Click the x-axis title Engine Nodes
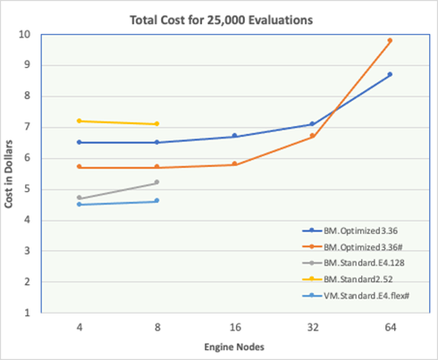[233, 347]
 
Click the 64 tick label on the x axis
[389, 328]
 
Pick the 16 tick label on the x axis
[234, 328]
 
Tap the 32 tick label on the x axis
[312, 328]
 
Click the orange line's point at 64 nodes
[390, 40]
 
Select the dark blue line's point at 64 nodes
[390, 74]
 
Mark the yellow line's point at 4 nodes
[80, 121]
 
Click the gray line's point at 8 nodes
[156, 182]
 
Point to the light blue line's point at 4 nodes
[80, 205]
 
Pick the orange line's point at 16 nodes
[234, 164]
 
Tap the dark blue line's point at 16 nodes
[234, 136]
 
